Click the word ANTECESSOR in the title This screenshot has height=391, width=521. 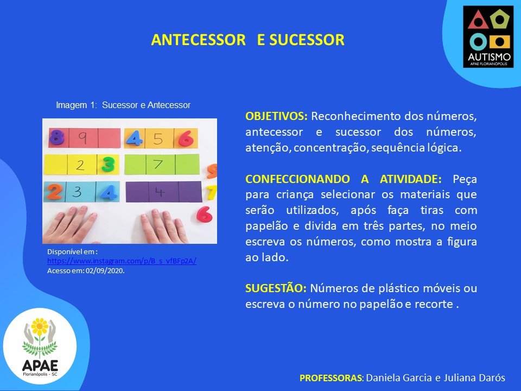coord(199,40)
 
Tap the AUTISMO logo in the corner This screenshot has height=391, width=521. coord(488,36)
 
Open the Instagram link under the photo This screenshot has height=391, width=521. coord(122,261)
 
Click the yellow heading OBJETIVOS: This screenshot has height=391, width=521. coord(276,116)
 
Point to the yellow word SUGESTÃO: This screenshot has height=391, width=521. coord(276,288)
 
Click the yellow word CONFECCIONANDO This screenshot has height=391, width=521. coord(297,179)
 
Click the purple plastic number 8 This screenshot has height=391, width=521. coord(56,137)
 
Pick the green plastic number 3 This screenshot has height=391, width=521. coord(108,164)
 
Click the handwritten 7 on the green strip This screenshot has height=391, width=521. coord(158,164)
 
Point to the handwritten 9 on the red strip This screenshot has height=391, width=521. coord(82,137)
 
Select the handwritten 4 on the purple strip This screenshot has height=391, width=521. coord(160,192)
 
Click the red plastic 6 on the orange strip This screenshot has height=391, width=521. coord(186,138)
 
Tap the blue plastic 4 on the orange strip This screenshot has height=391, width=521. coord(134,138)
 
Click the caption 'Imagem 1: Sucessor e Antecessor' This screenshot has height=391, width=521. coord(123,105)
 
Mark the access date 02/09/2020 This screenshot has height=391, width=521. coord(105,270)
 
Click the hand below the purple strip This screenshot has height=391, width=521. coord(163,226)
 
